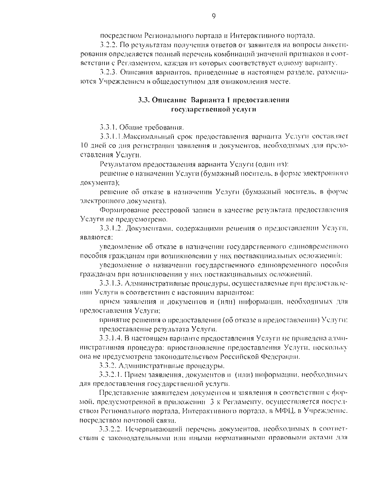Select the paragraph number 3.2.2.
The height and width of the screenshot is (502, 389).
pos(108,44)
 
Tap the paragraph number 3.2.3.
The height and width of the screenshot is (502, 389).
pos(108,72)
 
